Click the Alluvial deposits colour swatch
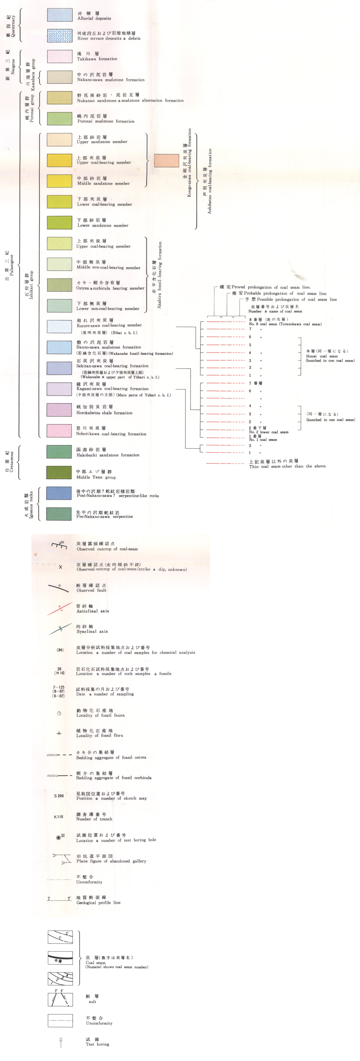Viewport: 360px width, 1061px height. (x=60, y=15)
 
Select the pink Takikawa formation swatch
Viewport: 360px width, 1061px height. (x=60, y=56)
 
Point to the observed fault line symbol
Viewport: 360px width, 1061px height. (x=59, y=588)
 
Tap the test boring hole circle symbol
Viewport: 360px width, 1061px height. (x=59, y=838)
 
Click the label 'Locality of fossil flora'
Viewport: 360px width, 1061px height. (x=99, y=735)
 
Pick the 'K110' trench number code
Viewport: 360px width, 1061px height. (x=59, y=817)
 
